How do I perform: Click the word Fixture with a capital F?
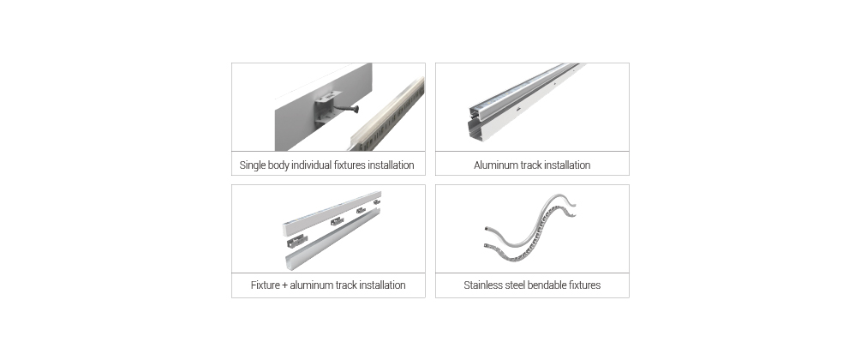(x=266, y=285)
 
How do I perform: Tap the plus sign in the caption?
(x=284, y=285)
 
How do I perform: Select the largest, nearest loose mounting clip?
(x=296, y=242)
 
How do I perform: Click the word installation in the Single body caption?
(x=391, y=165)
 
